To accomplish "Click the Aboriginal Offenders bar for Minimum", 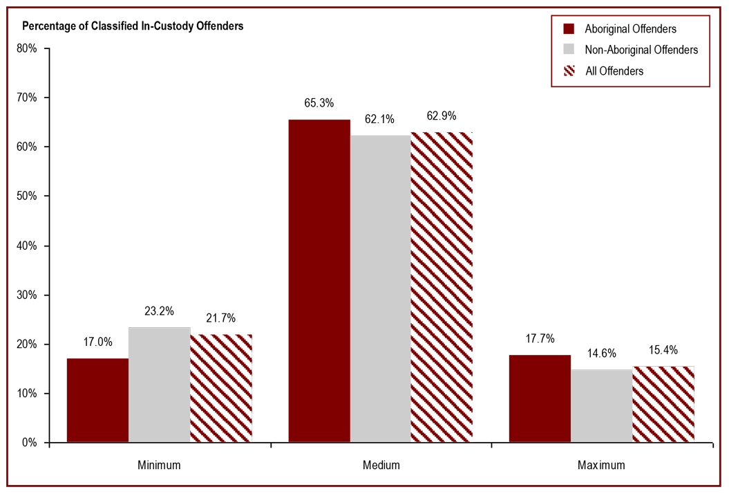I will click(x=97, y=400).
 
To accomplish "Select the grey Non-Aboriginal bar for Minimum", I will click(x=159, y=385).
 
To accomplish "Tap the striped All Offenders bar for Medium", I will click(x=442, y=287).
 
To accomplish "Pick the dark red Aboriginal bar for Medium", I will click(x=319, y=281).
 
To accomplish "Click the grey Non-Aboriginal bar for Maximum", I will click(x=601, y=406).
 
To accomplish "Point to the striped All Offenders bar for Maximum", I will click(x=663, y=404).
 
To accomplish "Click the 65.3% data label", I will click(x=319, y=103).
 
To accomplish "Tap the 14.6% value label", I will click(x=601, y=352).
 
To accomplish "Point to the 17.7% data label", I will click(x=540, y=339).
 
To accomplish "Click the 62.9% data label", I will click(x=442, y=116).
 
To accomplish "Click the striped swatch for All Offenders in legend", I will click(x=569, y=71).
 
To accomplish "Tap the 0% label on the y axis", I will click(x=31, y=443).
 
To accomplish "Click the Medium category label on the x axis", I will click(x=381, y=465).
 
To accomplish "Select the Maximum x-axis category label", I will click(x=601, y=465).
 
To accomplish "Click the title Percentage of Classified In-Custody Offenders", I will click(x=133, y=26).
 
